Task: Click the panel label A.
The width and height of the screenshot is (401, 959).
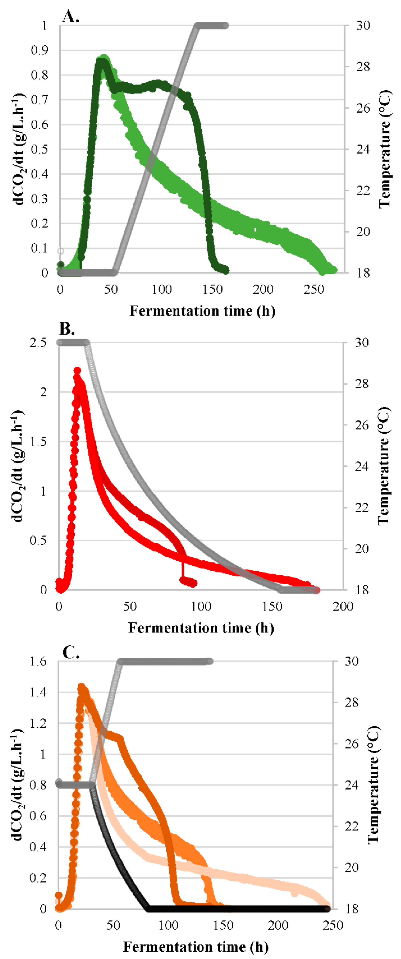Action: tap(71, 16)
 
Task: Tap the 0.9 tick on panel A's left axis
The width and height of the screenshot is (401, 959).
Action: tap(40, 50)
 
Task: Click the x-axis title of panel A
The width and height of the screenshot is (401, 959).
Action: tap(202, 311)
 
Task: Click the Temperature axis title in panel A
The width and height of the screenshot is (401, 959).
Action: tap(385, 149)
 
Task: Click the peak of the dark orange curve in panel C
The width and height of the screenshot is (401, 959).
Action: tap(81, 687)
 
